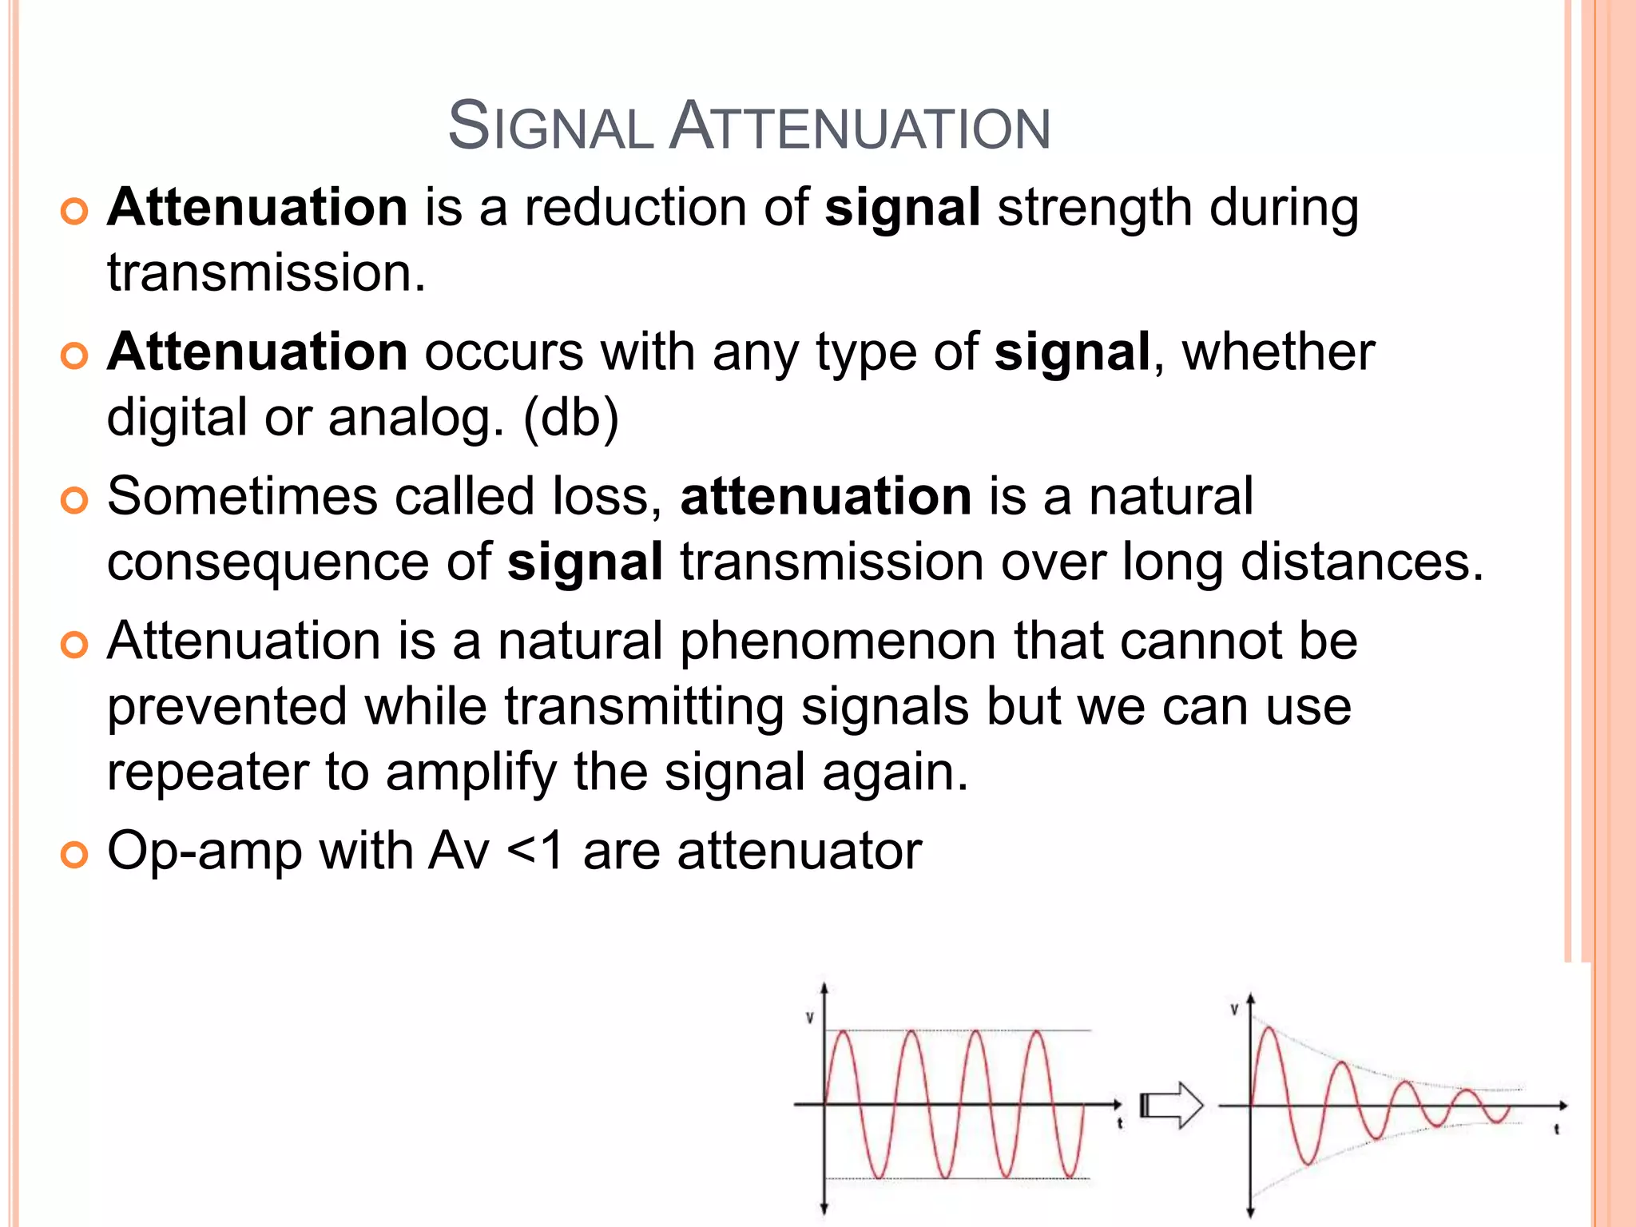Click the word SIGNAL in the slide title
(550, 127)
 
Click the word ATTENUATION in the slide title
(860, 127)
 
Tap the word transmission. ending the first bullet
(266, 273)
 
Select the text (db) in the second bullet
(570, 418)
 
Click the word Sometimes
(241, 497)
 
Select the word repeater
(208, 773)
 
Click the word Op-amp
(204, 852)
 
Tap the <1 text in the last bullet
(535, 852)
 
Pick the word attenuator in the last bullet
(800, 852)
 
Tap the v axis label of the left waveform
(809, 1019)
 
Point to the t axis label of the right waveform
(1557, 1130)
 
